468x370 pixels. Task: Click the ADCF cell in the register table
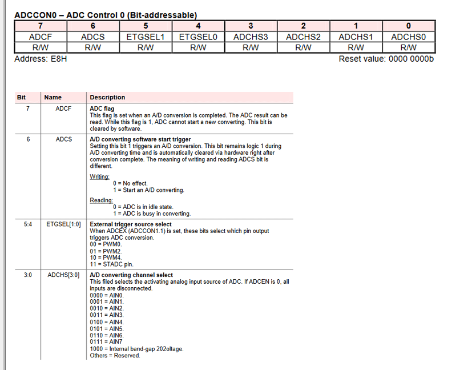click(40, 37)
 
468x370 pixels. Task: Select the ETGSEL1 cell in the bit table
click(146, 37)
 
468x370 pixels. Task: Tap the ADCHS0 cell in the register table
click(408, 37)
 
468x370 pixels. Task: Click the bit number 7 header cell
click(40, 26)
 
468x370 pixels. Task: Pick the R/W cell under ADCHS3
click(251, 47)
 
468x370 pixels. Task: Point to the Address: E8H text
click(41, 59)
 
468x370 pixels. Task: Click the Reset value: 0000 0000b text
click(386, 59)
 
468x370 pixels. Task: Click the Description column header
click(107, 97)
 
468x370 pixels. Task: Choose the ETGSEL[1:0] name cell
click(63, 224)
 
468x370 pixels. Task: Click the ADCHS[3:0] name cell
click(63, 275)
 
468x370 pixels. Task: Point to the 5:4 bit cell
click(28, 224)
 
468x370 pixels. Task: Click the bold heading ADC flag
click(102, 108)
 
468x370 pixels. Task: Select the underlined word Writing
click(99, 176)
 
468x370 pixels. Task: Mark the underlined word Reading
click(101, 200)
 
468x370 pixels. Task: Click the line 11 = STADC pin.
click(111, 264)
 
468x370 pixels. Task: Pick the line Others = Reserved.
click(115, 356)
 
